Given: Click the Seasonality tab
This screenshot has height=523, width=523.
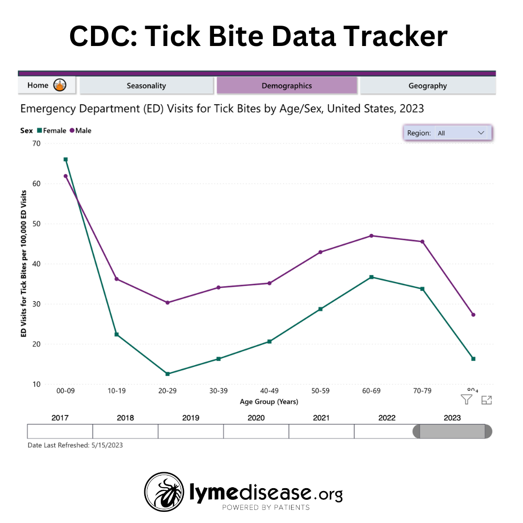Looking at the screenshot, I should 146,86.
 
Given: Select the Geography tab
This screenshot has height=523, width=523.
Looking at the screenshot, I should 428,86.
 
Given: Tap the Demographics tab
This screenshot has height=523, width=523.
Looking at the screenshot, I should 287,86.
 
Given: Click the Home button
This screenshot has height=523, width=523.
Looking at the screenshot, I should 46,85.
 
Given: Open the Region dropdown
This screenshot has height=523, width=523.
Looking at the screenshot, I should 447,133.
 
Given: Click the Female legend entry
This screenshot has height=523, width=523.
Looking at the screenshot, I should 51,131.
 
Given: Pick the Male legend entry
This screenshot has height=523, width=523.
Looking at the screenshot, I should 80,131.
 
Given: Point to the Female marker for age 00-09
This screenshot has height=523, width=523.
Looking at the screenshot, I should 65,159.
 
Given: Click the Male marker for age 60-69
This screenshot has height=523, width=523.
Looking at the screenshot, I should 371,236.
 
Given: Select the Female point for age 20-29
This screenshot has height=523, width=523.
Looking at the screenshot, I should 168,374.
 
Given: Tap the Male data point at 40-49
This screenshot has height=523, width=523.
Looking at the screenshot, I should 270,283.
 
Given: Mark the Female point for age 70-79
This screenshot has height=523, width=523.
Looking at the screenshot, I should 422,289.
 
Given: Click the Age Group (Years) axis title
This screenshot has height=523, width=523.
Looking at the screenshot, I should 269,402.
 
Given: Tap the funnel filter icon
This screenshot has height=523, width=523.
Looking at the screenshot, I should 466,400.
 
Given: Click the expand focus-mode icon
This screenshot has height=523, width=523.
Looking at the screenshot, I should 486,400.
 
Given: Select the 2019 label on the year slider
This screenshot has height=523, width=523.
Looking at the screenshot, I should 191,418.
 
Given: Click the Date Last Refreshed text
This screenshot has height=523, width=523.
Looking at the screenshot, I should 75,445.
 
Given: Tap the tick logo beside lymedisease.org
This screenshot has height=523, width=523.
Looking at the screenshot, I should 164,492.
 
